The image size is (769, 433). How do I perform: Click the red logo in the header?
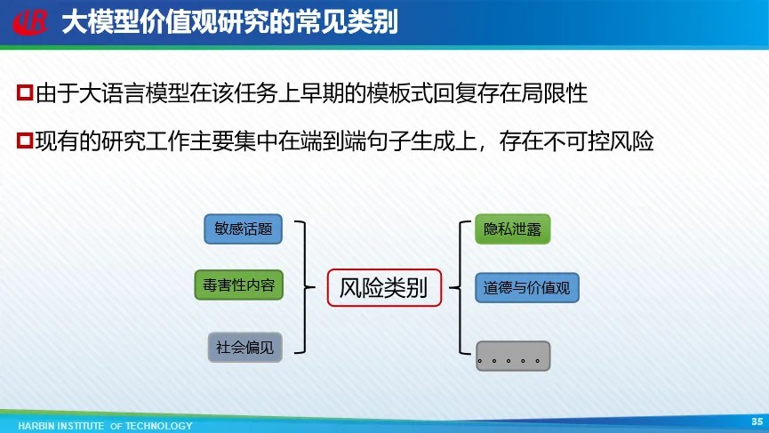[x=30, y=22]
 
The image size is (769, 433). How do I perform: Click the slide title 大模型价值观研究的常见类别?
[x=229, y=22]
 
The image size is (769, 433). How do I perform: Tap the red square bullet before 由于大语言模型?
[x=25, y=92]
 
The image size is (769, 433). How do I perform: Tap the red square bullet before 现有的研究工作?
[x=25, y=140]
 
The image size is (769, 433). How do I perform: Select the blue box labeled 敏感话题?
[x=244, y=229]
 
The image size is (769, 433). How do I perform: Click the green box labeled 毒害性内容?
[x=239, y=285]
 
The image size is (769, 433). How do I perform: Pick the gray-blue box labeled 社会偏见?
[x=245, y=347]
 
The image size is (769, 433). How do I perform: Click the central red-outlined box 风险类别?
[x=384, y=288]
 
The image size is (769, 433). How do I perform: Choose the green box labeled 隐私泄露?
[x=512, y=229]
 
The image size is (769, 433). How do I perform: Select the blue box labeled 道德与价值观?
[x=526, y=288]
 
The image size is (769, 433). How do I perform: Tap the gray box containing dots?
[x=513, y=356]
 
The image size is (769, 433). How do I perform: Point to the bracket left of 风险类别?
[x=305, y=287]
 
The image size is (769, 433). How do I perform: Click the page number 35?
[x=757, y=421]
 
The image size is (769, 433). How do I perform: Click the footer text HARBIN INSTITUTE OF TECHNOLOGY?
[x=106, y=426]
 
